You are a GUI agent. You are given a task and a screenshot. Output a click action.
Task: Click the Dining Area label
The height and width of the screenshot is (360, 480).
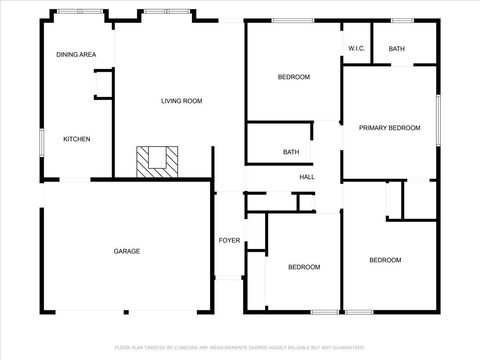pyautogui.click(x=76, y=54)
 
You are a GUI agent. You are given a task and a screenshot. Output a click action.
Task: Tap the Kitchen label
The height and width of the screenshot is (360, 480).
pyautogui.click(x=77, y=139)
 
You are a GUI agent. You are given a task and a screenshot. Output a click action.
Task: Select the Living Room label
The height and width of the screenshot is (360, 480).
pyautogui.click(x=182, y=101)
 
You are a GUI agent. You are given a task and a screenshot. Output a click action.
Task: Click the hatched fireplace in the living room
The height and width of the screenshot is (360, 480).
pyautogui.click(x=158, y=160)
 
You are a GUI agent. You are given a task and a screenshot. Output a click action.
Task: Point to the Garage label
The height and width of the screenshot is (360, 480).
pyautogui.click(x=126, y=251)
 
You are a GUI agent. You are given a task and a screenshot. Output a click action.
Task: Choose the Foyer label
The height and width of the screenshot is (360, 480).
pyautogui.click(x=229, y=241)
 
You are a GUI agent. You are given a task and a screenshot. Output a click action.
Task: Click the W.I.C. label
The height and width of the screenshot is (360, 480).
pyautogui.click(x=357, y=49)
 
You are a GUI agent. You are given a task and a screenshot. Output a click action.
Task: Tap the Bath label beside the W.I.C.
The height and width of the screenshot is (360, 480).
pyautogui.click(x=397, y=49)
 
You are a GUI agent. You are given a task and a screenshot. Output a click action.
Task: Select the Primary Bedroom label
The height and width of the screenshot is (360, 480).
pyautogui.click(x=390, y=128)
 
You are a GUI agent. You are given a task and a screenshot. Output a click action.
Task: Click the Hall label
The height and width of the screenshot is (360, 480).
pyautogui.click(x=307, y=178)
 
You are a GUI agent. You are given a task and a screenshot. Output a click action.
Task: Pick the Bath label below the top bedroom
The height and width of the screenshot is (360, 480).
pyautogui.click(x=291, y=152)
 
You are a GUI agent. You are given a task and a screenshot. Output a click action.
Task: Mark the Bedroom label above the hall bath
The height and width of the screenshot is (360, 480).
pyautogui.click(x=294, y=77)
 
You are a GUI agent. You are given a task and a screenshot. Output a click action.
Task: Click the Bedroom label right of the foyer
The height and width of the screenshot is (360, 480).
pyautogui.click(x=304, y=267)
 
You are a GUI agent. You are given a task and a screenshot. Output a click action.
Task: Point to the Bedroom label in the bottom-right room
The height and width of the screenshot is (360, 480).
pyautogui.click(x=385, y=260)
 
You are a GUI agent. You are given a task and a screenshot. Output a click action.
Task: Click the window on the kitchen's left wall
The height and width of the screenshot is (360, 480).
pyautogui.click(x=41, y=143)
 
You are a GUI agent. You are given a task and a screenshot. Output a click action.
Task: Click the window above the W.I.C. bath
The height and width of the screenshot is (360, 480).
pyautogui.click(x=403, y=20)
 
